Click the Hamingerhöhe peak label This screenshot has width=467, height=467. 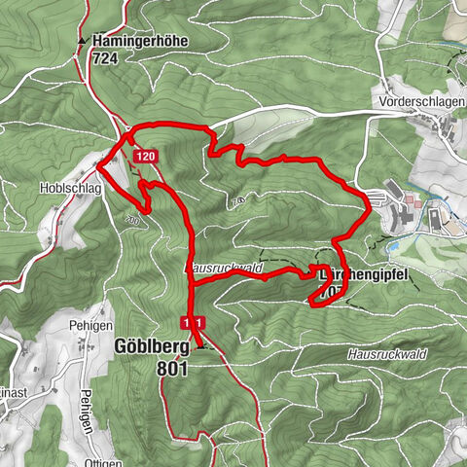(140, 42)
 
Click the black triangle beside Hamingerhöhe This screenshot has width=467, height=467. (82, 43)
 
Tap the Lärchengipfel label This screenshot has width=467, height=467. (365, 274)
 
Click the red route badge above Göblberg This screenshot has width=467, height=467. (193, 322)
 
